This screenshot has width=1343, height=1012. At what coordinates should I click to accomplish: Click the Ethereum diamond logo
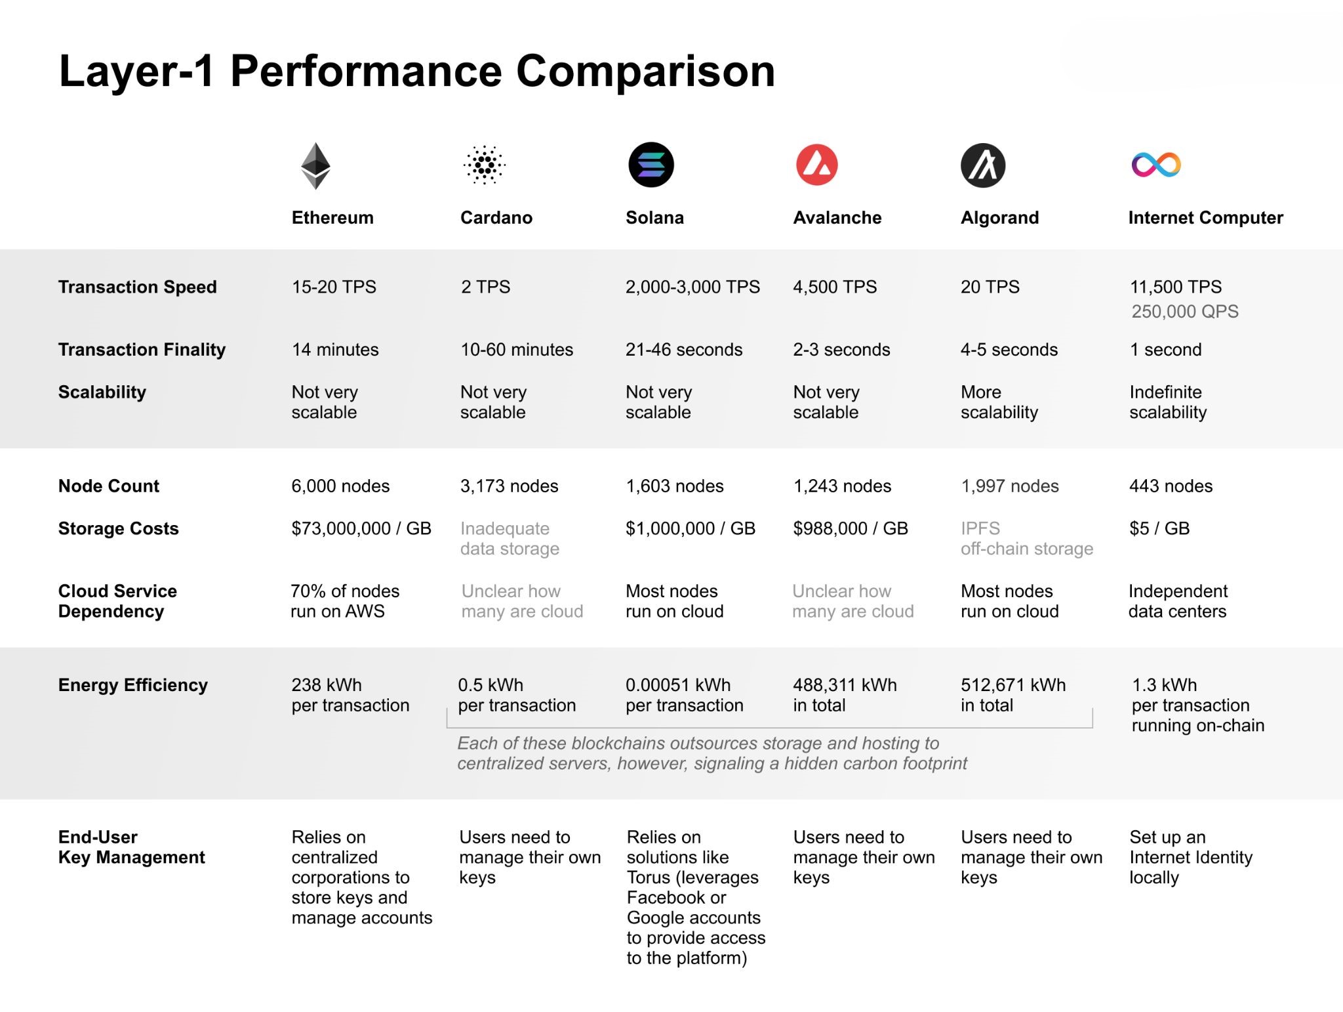point(315,165)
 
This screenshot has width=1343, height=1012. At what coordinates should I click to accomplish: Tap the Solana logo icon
point(651,165)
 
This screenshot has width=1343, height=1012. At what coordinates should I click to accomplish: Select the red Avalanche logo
point(816,165)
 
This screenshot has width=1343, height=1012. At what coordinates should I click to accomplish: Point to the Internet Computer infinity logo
point(1156,165)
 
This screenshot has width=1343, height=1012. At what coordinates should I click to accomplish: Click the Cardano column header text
point(496,218)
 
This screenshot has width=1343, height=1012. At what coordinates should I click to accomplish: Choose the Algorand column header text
point(999,218)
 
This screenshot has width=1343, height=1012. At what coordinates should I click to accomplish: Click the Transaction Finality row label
point(142,350)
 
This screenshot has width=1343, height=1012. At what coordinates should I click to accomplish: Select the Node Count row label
point(109,486)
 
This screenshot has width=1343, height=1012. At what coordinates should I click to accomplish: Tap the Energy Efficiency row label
point(133,685)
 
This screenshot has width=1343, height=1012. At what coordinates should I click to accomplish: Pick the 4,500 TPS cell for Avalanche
point(834,287)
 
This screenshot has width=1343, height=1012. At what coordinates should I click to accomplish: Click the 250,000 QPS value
point(1184,312)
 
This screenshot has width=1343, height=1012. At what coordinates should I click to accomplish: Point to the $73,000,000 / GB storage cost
point(361,528)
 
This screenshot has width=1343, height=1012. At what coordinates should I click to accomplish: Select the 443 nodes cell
point(1171,486)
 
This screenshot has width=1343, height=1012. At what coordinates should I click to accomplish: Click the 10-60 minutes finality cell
point(517,350)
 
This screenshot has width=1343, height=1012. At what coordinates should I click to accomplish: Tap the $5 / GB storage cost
point(1159,528)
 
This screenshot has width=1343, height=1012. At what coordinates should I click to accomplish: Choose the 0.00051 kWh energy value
point(678,685)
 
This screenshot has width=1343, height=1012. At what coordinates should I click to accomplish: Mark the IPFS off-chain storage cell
point(1026,538)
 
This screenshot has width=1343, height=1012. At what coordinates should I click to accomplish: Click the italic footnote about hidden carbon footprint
point(712,753)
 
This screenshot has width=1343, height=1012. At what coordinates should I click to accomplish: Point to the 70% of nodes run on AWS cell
point(345,601)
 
